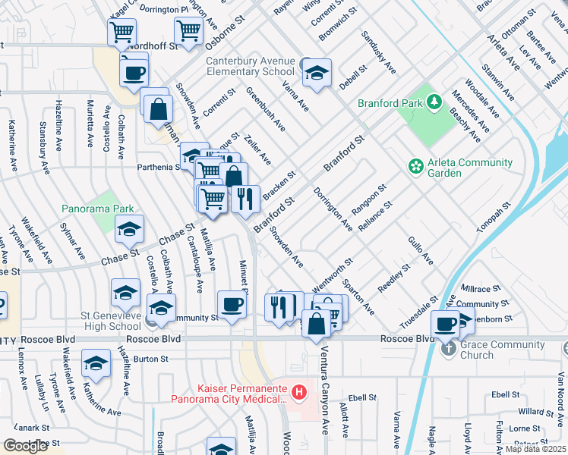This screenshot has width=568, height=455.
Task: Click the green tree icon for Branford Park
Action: pos(434,102)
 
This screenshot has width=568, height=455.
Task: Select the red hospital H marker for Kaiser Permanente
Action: pos(300,392)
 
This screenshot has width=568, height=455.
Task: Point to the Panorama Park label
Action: pos(98,209)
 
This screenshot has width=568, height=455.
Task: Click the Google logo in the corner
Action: pos(26,446)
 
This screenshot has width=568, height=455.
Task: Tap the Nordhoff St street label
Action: pos(153,45)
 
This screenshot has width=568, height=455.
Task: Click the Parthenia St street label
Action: pos(156,167)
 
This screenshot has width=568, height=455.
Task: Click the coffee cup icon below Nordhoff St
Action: pos(134,73)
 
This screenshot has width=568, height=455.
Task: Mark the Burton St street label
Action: pos(150,358)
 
